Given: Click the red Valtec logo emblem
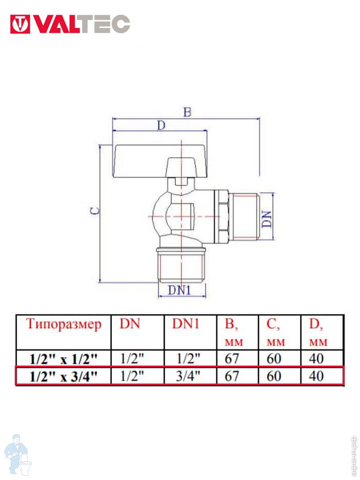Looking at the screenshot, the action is pos(20,24).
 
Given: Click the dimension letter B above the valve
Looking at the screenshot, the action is pos(187,112).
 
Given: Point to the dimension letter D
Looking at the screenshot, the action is pos(161,126).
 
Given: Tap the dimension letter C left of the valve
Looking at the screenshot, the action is pos(95,210).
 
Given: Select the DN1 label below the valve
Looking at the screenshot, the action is pos(180,291).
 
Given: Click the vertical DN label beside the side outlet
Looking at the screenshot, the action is pos(266,219).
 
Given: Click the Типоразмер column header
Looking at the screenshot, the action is pos(64,324).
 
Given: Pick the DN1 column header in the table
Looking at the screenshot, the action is pos(186,324).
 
